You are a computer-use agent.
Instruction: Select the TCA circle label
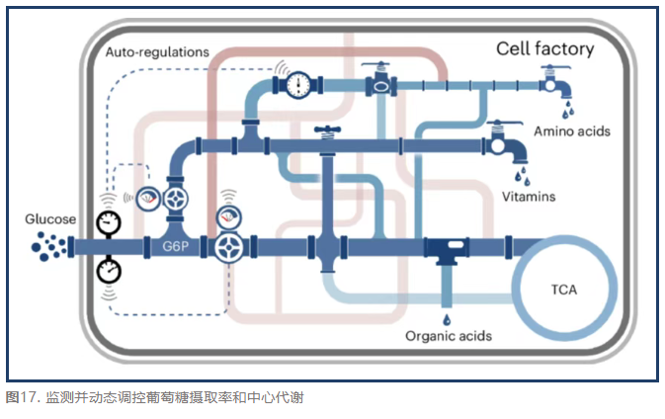[564, 290]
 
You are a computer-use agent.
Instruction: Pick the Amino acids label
[572, 131]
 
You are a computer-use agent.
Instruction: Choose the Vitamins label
[528, 197]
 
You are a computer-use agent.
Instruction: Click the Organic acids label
[449, 337]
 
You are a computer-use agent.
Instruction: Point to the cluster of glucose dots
[44, 245]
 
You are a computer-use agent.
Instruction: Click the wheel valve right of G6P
[228, 246]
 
